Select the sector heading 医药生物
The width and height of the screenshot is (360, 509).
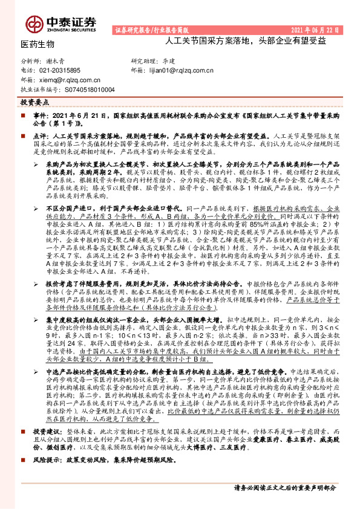pos(38,44)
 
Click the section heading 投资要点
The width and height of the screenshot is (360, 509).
pos(34,103)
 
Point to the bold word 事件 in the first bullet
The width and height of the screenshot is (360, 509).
pos(39,114)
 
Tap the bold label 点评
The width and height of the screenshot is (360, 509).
pos(39,137)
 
